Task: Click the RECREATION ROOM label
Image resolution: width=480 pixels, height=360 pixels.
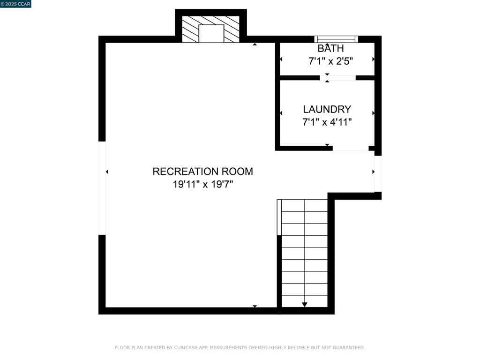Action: pos(202,172)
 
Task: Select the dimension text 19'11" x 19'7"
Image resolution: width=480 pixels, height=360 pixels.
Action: pos(202,184)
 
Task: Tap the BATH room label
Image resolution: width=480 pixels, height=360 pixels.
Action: pos(330,48)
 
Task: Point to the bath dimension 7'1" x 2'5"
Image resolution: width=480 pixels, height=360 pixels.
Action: pos(330,61)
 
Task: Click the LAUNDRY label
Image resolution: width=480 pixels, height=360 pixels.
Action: pos(327,109)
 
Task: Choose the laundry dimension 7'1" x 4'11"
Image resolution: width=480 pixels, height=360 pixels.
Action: pos(327,122)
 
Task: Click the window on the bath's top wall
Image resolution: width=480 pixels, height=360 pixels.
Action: pos(336,39)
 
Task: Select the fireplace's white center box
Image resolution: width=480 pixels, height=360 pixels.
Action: pos(211,33)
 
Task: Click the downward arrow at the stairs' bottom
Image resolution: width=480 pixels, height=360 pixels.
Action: pos(305,305)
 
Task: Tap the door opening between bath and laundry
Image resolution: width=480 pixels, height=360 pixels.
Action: pos(338,78)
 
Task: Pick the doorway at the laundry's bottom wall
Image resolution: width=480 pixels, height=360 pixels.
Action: pos(351,148)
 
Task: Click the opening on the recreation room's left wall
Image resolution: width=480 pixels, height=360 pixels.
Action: pos(102,188)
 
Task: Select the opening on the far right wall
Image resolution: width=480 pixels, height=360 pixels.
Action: pos(378,174)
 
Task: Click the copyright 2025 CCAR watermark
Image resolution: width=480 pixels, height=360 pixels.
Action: pos(15,4)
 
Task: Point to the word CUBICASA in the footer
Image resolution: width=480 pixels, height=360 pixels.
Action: pos(186,348)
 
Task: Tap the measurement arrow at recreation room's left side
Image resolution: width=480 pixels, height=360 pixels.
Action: pos(107,172)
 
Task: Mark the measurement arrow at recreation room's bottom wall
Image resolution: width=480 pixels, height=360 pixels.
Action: pos(255,306)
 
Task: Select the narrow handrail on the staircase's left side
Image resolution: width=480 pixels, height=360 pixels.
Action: pos(279,217)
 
